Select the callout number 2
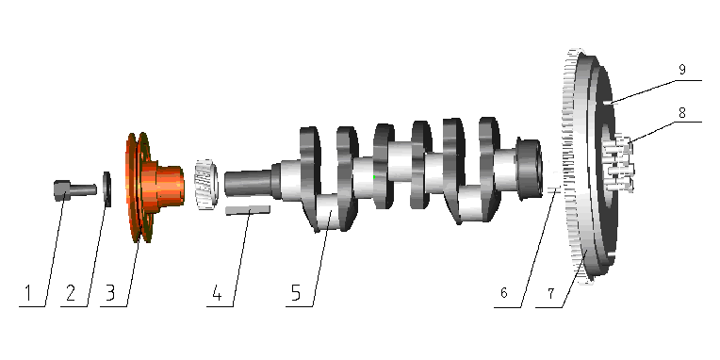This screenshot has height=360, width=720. coord(70,293)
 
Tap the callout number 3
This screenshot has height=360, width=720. coord(109,293)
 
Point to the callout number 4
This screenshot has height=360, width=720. coord(217,293)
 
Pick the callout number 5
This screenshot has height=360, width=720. coord(296,293)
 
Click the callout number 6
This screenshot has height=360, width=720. coord(504,293)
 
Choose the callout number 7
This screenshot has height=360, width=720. coord(550,293)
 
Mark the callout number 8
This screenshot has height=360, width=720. coord(682,111)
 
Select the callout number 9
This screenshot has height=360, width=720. coord(682,70)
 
